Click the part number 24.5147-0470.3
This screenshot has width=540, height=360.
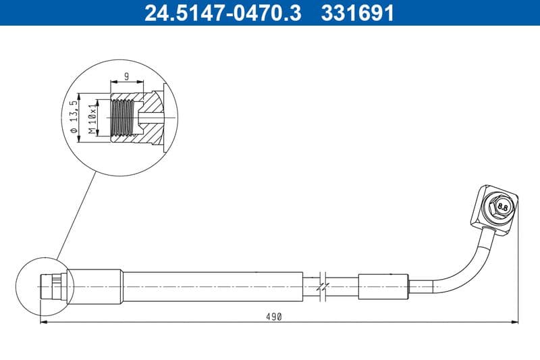(x=219, y=13)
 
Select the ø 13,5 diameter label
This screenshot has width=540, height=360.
(x=75, y=116)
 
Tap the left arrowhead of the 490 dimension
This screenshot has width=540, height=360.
(x=43, y=322)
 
